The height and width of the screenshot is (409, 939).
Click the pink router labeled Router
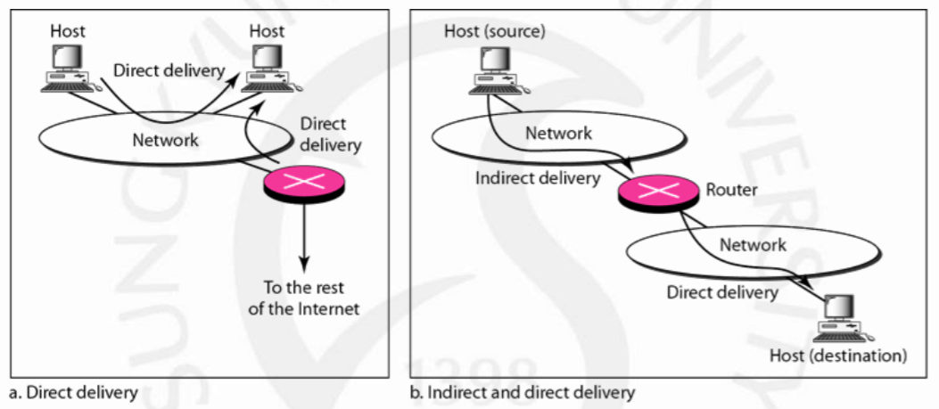657,192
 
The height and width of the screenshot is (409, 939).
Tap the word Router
732,191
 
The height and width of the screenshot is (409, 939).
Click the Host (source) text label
495,30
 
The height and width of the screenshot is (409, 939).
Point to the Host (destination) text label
838,356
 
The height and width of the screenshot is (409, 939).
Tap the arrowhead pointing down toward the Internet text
305,264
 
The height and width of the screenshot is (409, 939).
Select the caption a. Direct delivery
74,393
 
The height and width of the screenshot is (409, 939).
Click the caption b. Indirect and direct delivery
522,393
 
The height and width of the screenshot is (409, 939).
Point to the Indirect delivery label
537,178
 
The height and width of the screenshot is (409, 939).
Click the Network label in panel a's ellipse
165,140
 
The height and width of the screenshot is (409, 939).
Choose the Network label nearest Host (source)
559,133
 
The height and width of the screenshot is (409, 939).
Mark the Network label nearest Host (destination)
753,244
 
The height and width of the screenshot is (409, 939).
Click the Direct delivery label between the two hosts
169,70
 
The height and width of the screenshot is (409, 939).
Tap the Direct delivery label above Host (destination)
722,293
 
